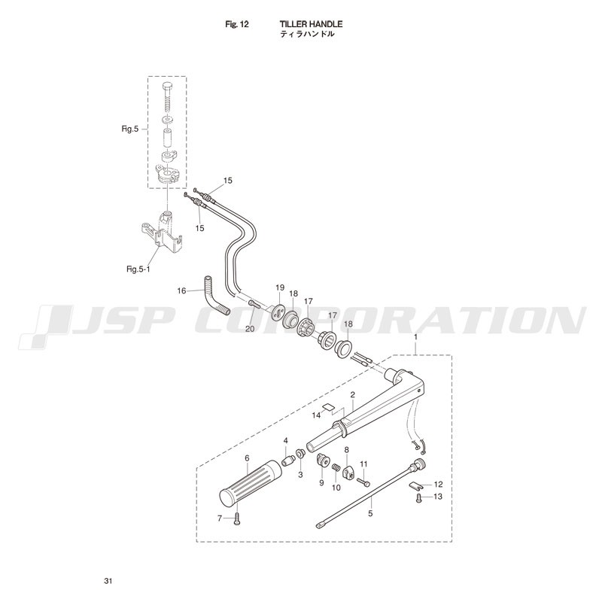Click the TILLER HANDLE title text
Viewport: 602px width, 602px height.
point(311,24)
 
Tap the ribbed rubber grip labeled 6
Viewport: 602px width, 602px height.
point(251,482)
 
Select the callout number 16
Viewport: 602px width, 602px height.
point(181,290)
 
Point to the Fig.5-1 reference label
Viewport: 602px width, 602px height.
point(138,269)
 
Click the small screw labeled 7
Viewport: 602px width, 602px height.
point(237,519)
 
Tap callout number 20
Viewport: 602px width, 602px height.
point(250,329)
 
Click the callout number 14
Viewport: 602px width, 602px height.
point(316,415)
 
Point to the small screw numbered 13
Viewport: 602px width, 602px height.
point(419,498)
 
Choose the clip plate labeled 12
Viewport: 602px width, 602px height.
point(415,485)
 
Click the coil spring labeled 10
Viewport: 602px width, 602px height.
point(335,469)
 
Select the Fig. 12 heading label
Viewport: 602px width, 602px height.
point(237,24)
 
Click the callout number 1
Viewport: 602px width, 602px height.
point(415,336)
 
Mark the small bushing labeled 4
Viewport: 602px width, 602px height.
point(288,460)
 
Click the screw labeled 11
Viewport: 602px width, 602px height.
point(363,480)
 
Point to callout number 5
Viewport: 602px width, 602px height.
point(370,513)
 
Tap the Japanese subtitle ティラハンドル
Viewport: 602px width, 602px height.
point(307,34)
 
